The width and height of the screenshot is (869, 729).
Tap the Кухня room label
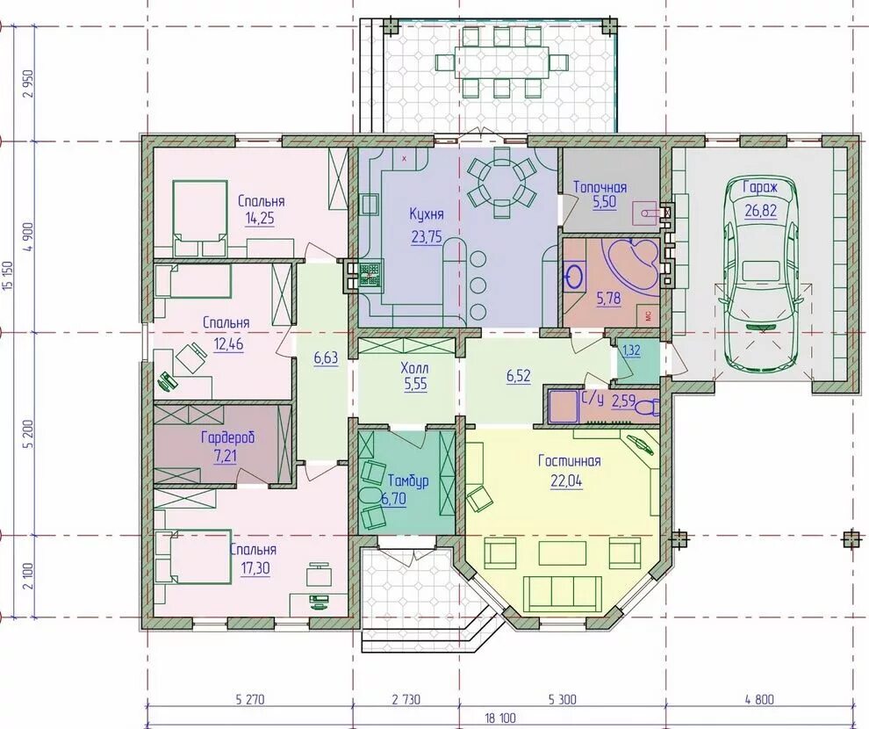(427, 214)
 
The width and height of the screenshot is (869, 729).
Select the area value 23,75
(427, 237)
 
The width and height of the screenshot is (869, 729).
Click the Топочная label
(600, 187)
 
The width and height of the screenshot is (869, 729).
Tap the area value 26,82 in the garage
(761, 210)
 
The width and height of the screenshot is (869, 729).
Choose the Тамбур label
(408, 480)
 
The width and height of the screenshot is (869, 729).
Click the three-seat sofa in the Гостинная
(562, 593)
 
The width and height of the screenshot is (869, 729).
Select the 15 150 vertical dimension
(7, 276)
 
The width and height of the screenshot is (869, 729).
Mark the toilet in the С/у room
(646, 408)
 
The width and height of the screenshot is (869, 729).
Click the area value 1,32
(631, 350)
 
